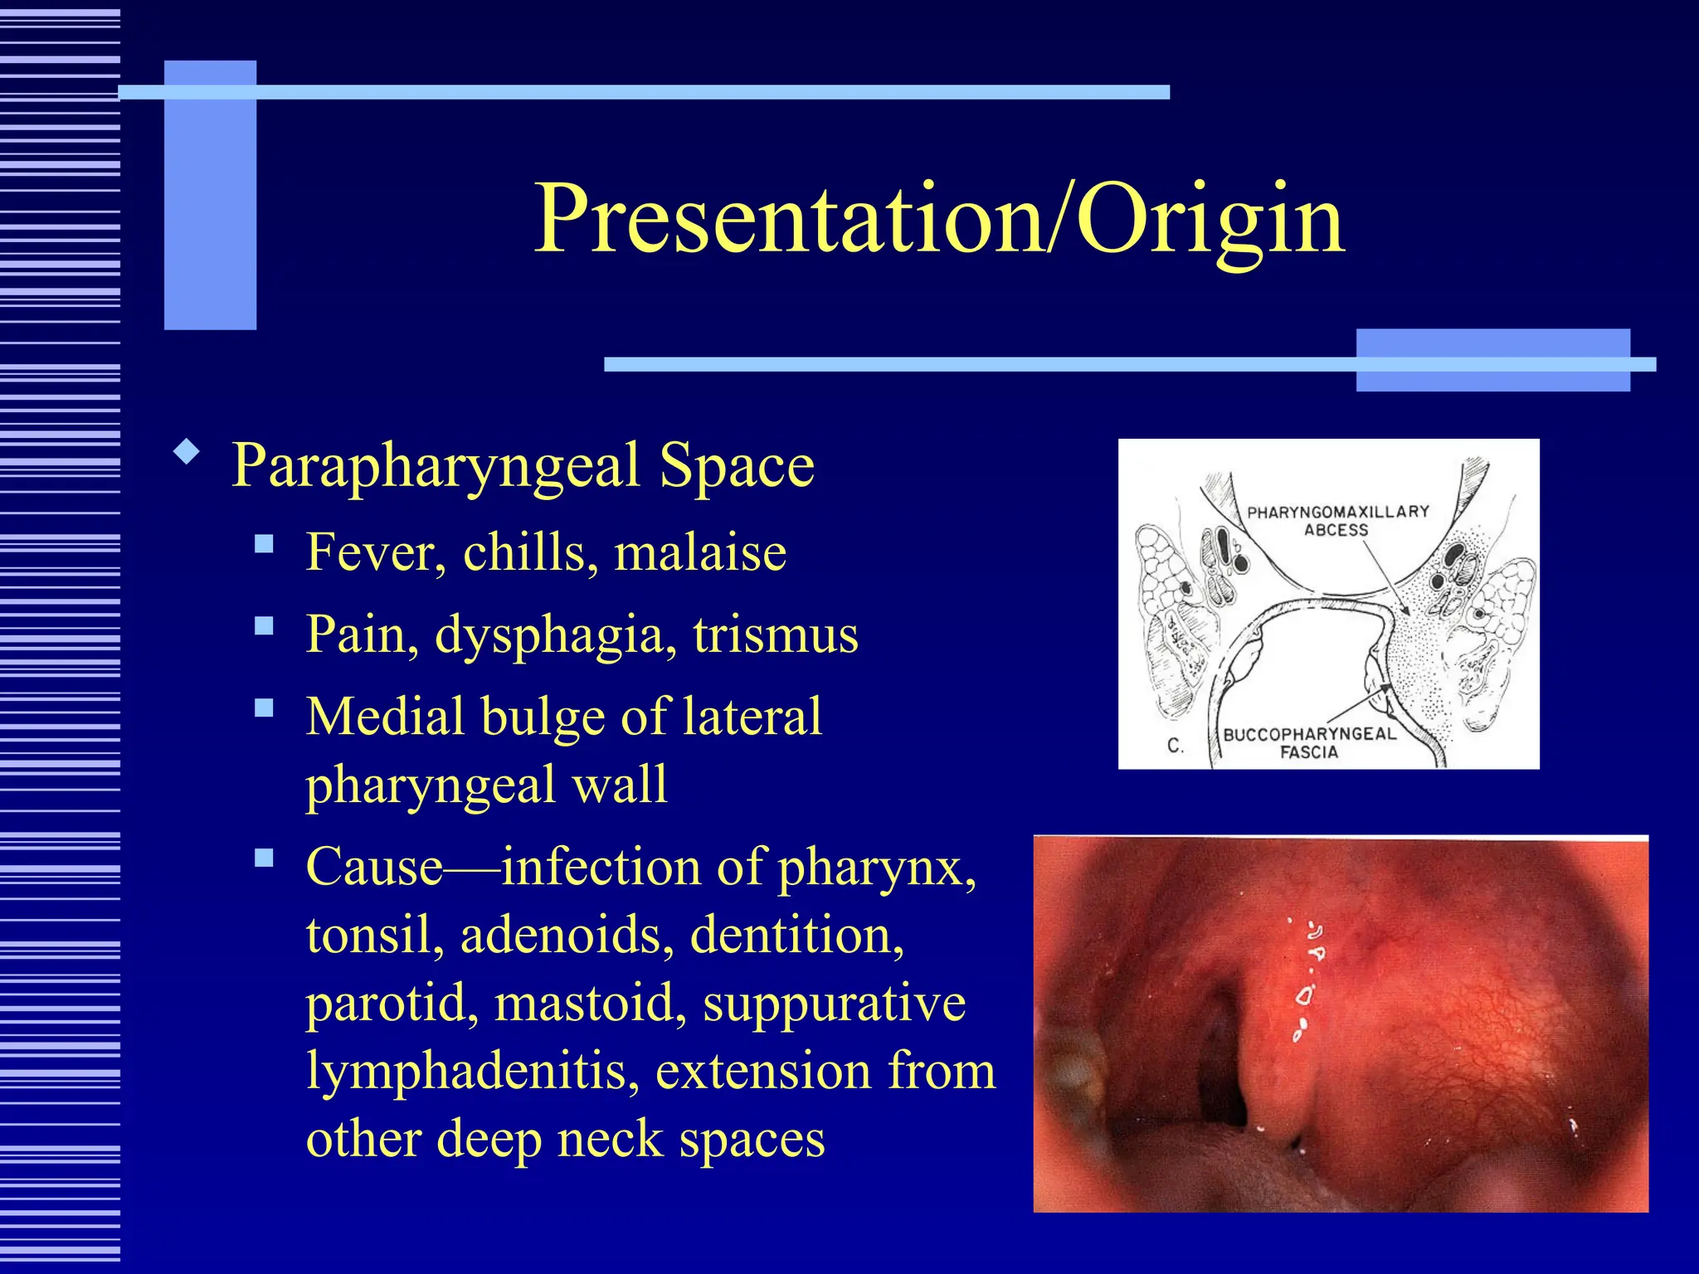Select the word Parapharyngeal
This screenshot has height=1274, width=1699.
pyautogui.click(x=436, y=466)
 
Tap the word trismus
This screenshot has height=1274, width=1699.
pyautogui.click(x=776, y=635)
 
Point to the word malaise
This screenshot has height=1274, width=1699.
pyautogui.click(x=699, y=552)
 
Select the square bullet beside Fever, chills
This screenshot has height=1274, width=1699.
pyautogui.click(x=264, y=544)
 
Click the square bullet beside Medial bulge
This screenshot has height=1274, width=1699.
pyautogui.click(x=264, y=708)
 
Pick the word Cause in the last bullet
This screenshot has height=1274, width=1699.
pyautogui.click(x=374, y=868)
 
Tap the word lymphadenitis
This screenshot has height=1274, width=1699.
pyautogui.click(x=472, y=1072)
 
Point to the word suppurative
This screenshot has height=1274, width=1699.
pyautogui.click(x=834, y=1004)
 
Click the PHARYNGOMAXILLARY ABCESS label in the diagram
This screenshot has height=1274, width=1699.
pyautogui.click(x=1337, y=520)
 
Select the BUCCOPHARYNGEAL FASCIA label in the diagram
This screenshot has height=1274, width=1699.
pyautogui.click(x=1309, y=743)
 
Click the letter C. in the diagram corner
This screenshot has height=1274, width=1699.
pyautogui.click(x=1175, y=746)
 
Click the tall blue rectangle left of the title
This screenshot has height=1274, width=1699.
pyautogui.click(x=210, y=195)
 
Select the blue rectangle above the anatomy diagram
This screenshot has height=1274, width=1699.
pyautogui.click(x=1492, y=359)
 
